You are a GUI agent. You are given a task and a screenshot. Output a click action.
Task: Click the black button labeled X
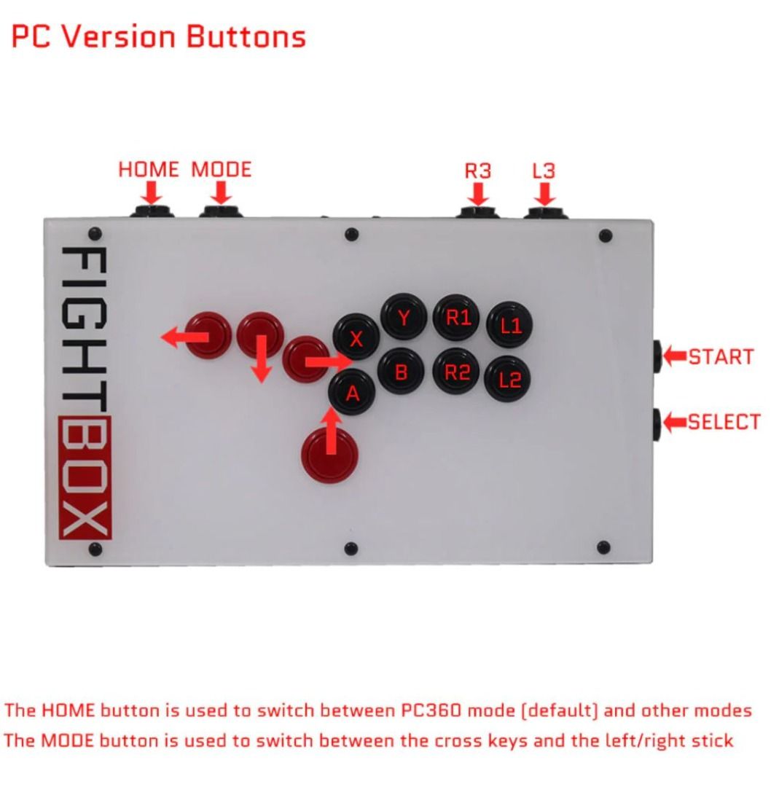tap(356, 338)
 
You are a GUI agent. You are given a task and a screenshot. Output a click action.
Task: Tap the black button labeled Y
tap(403, 317)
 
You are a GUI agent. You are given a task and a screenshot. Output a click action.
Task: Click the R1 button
tap(456, 318)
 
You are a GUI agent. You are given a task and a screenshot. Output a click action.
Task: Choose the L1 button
tap(510, 324)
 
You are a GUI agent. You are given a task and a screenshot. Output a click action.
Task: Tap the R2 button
tap(456, 372)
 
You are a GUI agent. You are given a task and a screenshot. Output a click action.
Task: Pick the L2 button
tap(510, 379)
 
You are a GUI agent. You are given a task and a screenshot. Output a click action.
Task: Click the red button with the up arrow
tap(331, 452)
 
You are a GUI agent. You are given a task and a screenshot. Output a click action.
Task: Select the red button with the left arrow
tap(208, 335)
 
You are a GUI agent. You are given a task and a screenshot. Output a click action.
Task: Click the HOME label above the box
tap(149, 170)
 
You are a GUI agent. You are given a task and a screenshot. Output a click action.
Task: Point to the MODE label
tap(222, 170)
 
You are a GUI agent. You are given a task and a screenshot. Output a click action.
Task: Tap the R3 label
tap(478, 171)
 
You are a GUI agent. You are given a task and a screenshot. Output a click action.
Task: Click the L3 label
tap(544, 171)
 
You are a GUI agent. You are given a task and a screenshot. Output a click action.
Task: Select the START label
tap(721, 357)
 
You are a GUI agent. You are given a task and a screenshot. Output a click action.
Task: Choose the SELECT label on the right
tap(724, 422)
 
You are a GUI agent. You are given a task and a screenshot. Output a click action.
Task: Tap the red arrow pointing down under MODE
tap(222, 193)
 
